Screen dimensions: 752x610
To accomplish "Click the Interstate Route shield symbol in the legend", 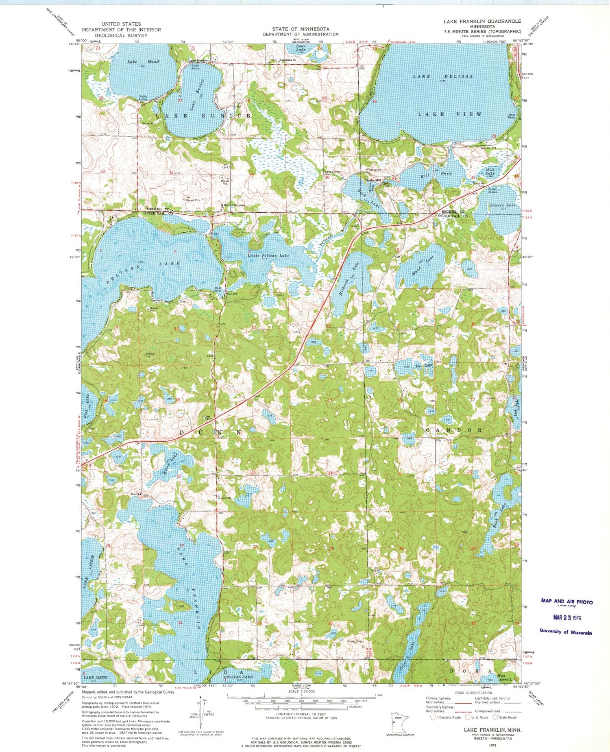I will pos(434,717).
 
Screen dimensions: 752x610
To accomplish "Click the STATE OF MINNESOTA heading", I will pos(301,29).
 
